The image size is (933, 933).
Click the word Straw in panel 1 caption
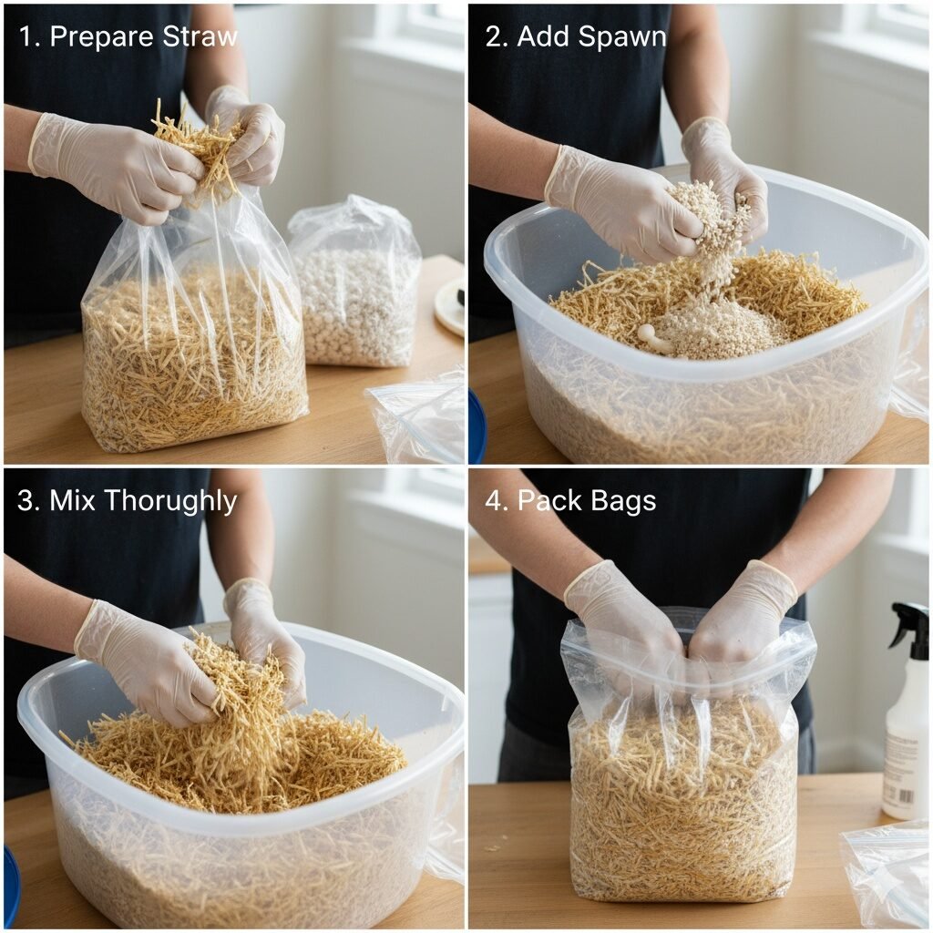[200, 36]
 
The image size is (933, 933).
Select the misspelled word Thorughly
[172, 501]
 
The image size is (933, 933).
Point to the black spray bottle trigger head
[908, 626]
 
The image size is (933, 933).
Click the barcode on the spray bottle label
[905, 795]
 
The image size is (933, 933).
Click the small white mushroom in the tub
[653, 337]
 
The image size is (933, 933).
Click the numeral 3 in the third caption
[25, 501]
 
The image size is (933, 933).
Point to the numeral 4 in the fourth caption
[493, 501]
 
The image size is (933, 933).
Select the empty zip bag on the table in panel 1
[417, 416]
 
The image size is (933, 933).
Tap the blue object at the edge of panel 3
[11, 887]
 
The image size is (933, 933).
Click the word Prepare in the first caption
[102, 37]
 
